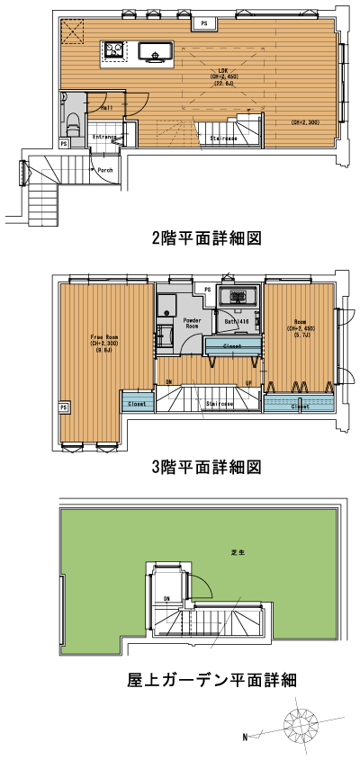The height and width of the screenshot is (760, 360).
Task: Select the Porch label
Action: tap(105, 168)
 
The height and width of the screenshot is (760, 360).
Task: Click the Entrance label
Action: tap(106, 137)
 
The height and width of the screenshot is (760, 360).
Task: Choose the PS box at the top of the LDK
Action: tap(204, 22)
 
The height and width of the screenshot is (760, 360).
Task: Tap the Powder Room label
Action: tap(192, 322)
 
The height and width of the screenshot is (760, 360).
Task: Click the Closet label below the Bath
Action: tap(231, 345)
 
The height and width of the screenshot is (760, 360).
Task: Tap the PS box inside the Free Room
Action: tap(63, 407)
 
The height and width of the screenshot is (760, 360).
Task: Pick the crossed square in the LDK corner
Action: tap(71, 32)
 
